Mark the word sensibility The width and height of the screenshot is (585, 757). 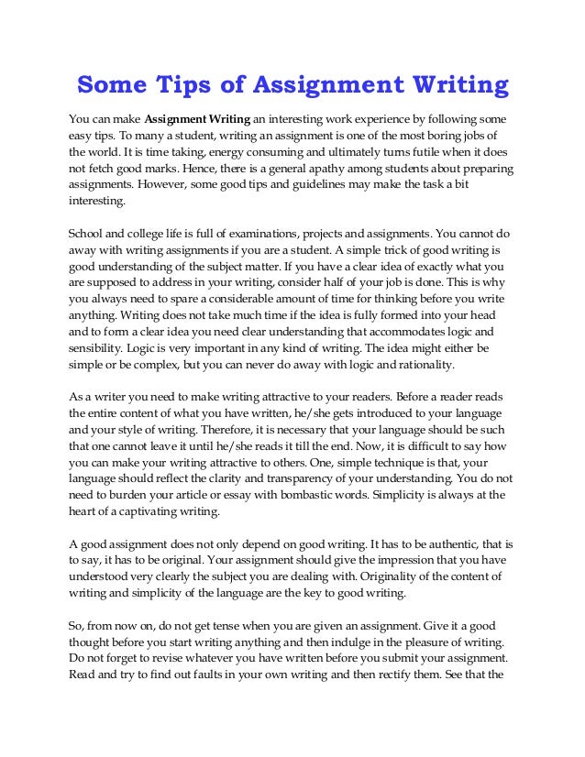[99, 351]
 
